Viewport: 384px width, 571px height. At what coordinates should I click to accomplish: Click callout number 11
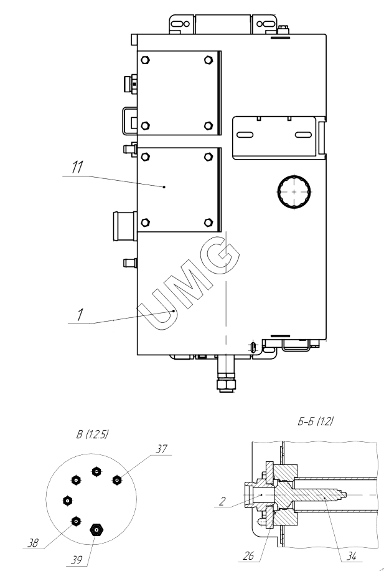click(77, 168)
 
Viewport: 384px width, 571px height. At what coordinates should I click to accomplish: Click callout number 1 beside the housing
click(80, 315)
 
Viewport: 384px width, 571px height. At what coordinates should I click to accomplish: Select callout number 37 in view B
click(161, 449)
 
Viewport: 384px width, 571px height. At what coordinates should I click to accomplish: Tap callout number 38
click(33, 544)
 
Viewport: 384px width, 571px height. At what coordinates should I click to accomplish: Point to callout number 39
click(77, 560)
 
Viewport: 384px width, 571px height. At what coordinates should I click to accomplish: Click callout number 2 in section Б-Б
click(222, 501)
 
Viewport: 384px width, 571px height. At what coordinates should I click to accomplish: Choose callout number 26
click(249, 555)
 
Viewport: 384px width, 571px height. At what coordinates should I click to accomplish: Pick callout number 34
click(351, 556)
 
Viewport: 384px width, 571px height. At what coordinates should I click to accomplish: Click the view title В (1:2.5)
click(92, 434)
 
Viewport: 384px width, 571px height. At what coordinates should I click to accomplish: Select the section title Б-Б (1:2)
click(316, 421)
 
